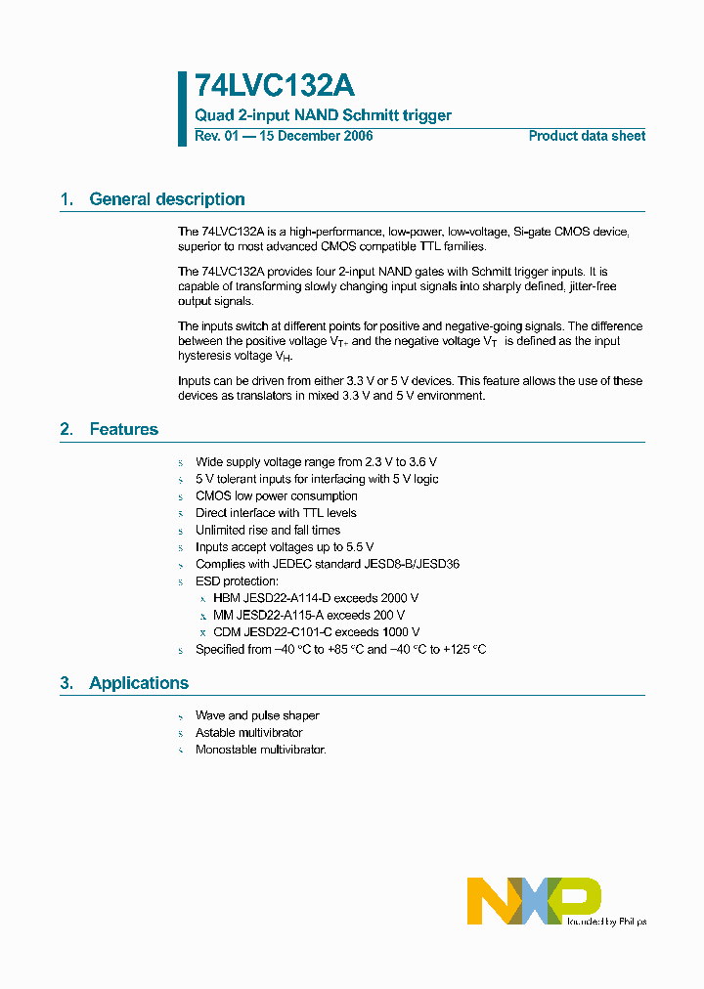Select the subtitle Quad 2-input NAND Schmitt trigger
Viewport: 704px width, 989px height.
323,115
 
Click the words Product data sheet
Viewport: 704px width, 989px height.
587,136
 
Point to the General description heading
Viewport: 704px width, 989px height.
166,199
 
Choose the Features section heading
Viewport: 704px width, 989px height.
123,429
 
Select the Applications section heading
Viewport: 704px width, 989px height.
139,683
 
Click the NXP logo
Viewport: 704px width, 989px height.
534,900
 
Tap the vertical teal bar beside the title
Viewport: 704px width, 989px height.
182,108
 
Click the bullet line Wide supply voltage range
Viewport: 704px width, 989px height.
316,461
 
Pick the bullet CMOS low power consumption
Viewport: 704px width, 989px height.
276,495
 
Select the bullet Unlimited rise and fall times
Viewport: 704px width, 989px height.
268,530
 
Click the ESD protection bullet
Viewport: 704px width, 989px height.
238,580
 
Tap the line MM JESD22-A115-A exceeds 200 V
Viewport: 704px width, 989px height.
309,616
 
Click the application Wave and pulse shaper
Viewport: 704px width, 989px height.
257,715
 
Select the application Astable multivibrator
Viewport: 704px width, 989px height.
248,733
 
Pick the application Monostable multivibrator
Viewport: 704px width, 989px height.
260,750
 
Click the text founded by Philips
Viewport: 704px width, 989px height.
606,921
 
